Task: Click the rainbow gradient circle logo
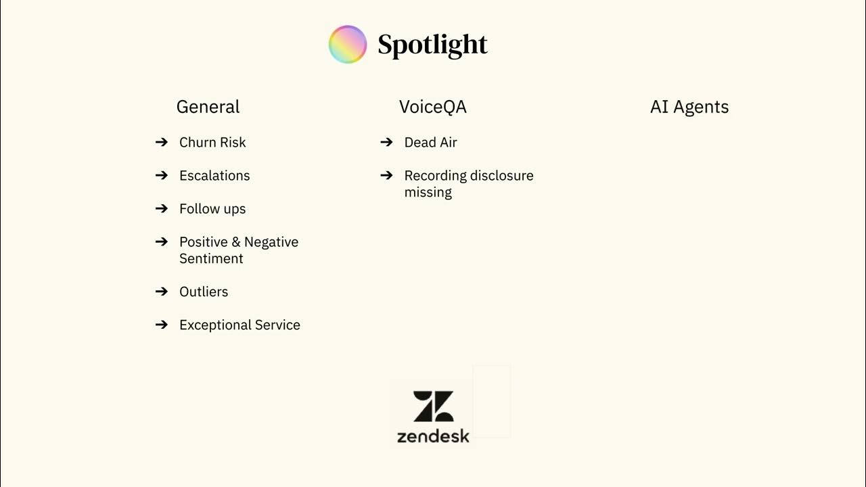tap(347, 44)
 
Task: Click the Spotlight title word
tap(432, 45)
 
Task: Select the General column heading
tap(208, 107)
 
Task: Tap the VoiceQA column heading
tap(432, 107)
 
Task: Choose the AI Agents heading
tap(689, 107)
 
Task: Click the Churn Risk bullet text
tap(212, 143)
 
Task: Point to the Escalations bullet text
tap(214, 176)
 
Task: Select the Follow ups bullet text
tap(212, 209)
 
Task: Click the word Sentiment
tap(211, 259)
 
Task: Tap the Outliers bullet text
tap(204, 292)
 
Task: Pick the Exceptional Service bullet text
tap(240, 325)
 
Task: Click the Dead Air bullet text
tap(430, 143)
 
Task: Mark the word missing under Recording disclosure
tap(428, 193)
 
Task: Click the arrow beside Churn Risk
tap(162, 142)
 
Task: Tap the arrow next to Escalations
tap(162, 175)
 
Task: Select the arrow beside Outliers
tap(162, 292)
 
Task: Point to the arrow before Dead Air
tap(386, 142)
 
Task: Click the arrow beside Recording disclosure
tap(386, 175)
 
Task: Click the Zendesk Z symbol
tap(433, 406)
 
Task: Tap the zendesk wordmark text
tap(433, 436)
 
